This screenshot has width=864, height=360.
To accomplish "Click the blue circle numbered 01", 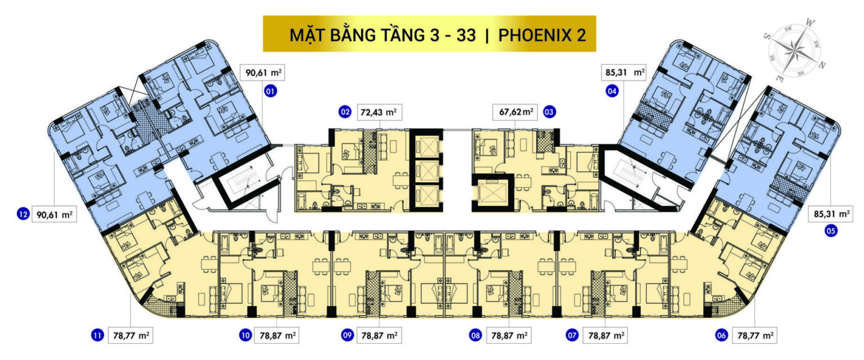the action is pos(271,91).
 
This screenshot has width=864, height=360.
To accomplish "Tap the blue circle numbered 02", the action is pos(344,112).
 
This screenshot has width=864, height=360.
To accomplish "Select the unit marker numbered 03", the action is pos(549,112).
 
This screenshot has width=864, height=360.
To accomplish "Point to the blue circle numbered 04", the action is pos(612,91).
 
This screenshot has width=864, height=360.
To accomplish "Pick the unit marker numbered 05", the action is pos(831,231).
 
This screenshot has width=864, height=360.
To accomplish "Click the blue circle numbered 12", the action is pos(23,214).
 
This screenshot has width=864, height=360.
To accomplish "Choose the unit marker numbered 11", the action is pos(97,335).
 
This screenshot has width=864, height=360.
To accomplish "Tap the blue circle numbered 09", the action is pos(347,335).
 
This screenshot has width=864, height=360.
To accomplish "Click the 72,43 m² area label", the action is pos(379,112).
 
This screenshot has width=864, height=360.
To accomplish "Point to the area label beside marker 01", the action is pos(263,72).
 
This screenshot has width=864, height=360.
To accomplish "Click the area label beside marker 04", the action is pos(624,72).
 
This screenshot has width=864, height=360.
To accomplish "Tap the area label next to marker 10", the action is pos(277,335).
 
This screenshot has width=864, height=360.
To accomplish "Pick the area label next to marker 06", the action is pos(755,335).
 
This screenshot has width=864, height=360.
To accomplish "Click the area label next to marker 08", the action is pos(508,335).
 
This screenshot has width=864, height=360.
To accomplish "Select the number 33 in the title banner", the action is pos(466,35).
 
